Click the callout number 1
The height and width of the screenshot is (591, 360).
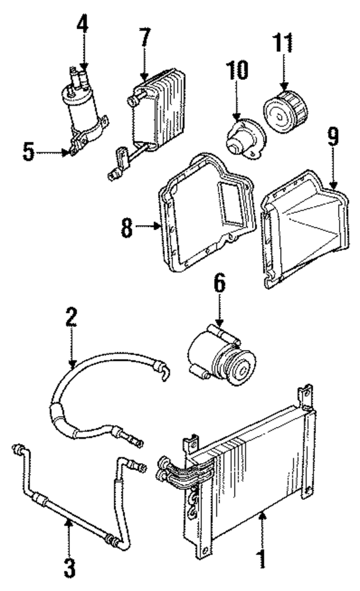tap(260, 559)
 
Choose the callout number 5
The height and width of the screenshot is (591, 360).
tap(28, 152)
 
